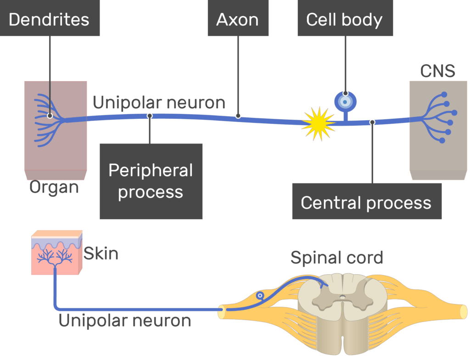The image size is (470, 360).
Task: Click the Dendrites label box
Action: coord(49,20)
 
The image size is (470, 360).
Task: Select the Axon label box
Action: coord(238,20)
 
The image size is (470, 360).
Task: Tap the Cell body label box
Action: coord(345,20)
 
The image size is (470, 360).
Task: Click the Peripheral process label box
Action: coord(151,181)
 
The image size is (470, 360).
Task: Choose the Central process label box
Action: coord(366,202)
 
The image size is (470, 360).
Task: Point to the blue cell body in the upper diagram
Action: coord(345,101)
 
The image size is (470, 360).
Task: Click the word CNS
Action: coord(437,71)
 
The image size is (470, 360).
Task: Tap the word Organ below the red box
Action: coord(54,187)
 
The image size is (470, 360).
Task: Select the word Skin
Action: coord(101,253)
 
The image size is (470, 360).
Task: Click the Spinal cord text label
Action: coord(336,258)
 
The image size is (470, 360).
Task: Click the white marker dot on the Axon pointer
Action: coord(238,116)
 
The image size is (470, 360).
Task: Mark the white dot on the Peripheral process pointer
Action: coord(150,116)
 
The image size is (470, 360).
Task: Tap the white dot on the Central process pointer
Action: coord(372,122)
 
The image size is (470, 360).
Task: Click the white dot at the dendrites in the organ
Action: coord(50,116)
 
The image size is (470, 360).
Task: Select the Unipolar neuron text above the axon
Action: coord(159,102)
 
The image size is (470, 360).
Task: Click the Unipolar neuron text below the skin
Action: coord(125,321)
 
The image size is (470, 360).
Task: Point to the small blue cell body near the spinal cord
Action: coord(260,296)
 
